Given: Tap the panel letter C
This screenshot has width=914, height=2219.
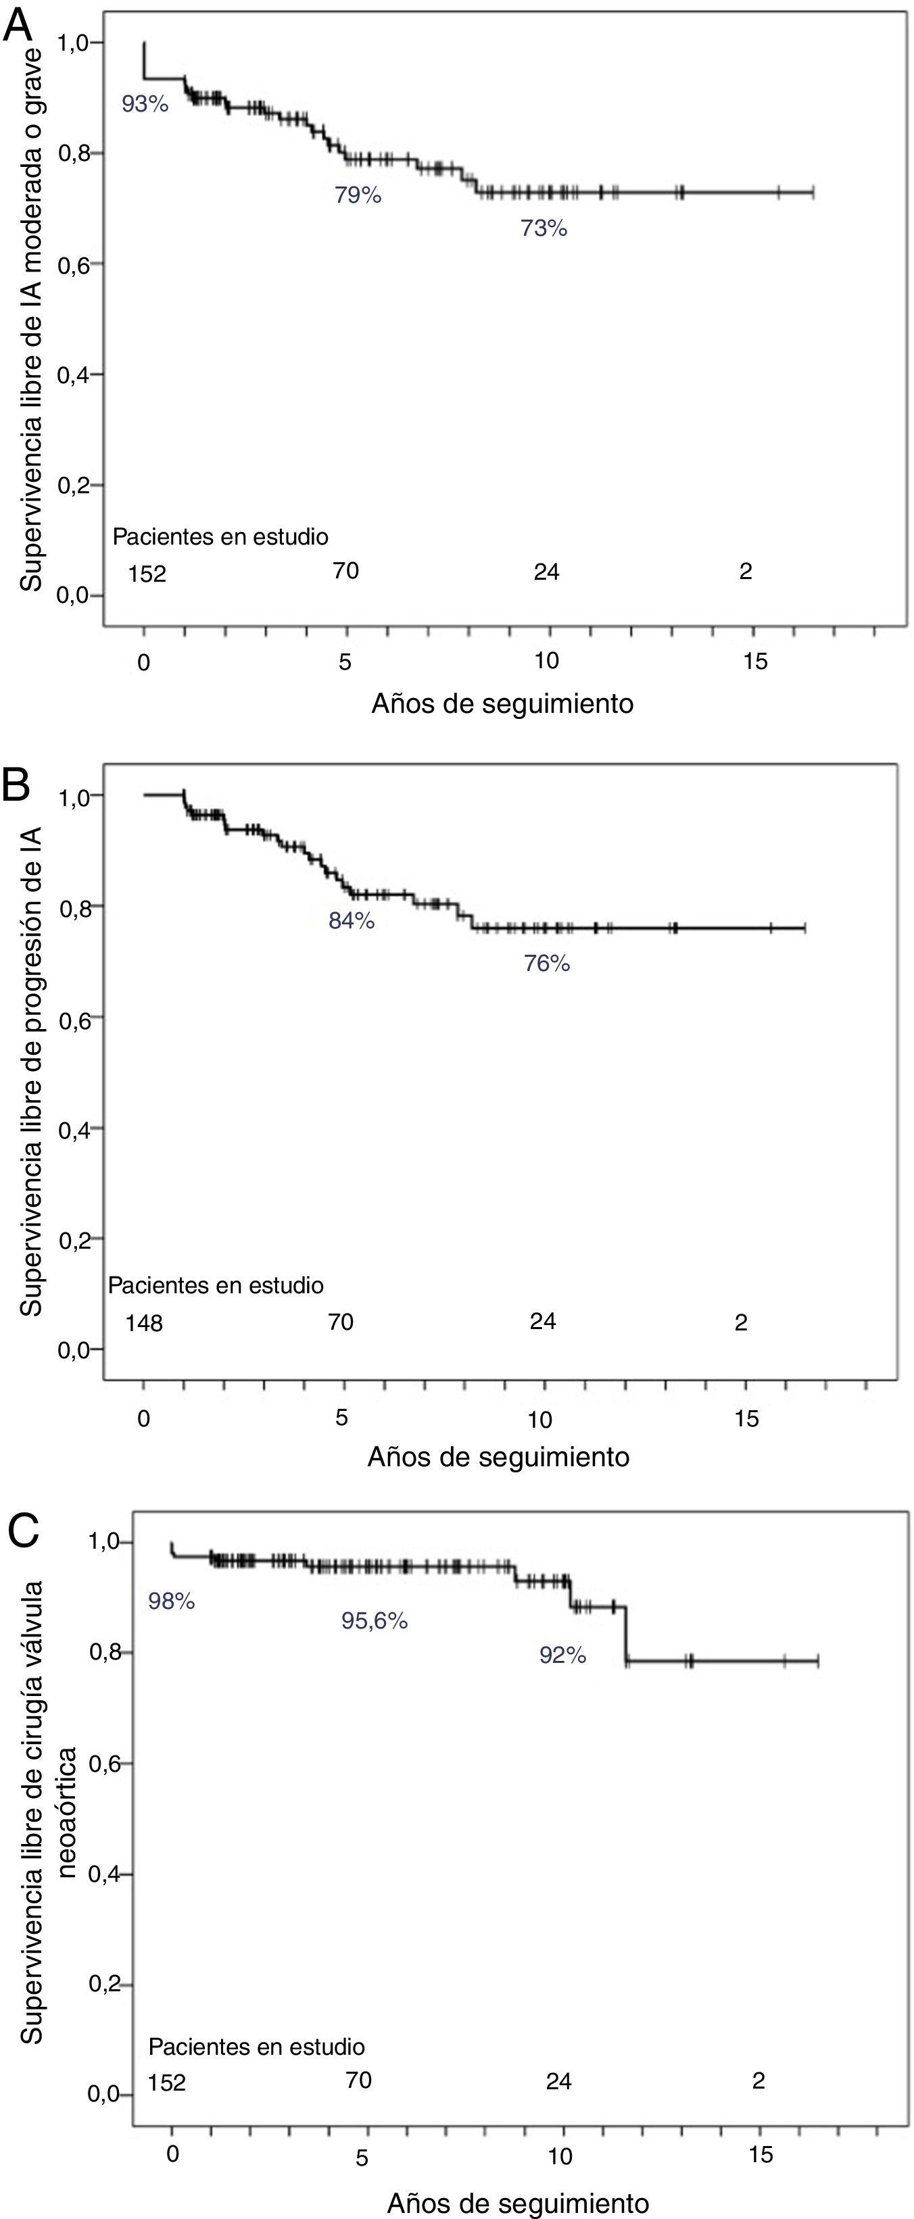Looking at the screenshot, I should [23, 1530].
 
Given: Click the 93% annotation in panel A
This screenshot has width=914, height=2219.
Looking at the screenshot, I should [145, 106].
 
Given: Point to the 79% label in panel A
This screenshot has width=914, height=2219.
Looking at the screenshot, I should [358, 195].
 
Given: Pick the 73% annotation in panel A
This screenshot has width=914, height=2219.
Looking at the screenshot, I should [544, 229].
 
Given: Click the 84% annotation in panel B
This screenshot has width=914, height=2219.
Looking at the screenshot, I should [352, 922].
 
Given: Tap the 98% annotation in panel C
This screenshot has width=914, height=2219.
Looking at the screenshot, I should [172, 1601].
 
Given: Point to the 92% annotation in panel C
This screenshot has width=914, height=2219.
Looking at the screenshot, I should [562, 1655].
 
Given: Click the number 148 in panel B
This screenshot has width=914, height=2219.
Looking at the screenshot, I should [144, 1322].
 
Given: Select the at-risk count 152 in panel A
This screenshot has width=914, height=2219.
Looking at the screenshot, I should [147, 573].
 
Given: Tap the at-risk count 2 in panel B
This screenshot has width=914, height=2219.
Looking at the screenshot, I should [741, 1322].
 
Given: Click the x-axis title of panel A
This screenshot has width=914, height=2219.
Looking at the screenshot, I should [502, 704].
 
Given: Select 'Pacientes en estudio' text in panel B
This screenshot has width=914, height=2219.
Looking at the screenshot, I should [216, 1285].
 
